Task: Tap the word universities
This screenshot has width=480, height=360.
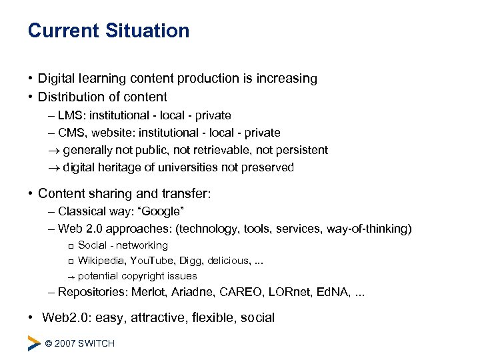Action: pos(193,167)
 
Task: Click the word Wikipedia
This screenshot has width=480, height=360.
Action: pos(101,261)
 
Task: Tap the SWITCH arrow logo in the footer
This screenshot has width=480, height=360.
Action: pos(34,343)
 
